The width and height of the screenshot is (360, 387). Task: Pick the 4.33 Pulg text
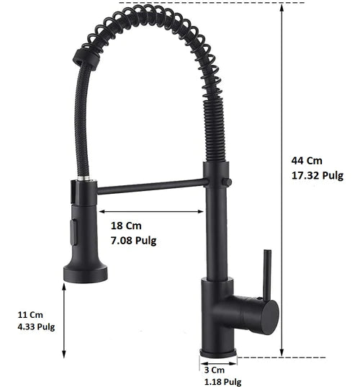coord(35,326)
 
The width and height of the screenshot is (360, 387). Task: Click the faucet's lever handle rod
coord(267,274)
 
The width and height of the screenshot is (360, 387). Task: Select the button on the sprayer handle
coord(71,232)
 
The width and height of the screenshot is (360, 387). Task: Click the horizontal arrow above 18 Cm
coord(151,212)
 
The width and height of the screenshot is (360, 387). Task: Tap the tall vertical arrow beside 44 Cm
coord(281,180)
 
